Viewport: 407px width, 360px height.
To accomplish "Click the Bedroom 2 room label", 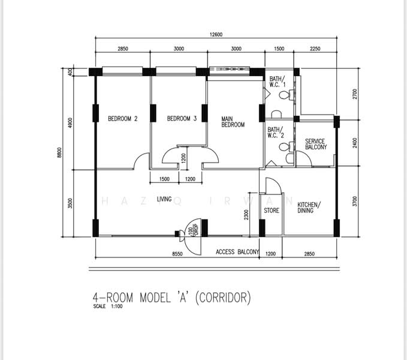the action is pos(122,119).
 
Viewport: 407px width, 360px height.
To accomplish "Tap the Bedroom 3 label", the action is pos(182,119).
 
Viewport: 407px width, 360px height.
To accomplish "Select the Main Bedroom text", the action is pos(233,122).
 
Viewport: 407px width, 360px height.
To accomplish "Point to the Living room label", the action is pos(164,199).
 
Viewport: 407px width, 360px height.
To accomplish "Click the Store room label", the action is pos(272,211).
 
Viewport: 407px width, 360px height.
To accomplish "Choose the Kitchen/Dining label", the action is pos(309,207).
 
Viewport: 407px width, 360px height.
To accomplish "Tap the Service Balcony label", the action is pos(316,144).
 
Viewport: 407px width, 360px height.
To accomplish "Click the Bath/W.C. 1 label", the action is pos(277,81).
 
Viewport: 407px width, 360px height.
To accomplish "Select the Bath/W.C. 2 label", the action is pos(276,132).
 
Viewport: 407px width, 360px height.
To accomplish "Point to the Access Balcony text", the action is pos(237,251).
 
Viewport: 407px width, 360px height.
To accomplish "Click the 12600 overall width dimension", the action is pos(216,35).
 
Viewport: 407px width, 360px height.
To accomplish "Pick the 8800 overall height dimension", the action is pos(60,152).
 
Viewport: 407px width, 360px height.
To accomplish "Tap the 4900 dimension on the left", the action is pos(70,123).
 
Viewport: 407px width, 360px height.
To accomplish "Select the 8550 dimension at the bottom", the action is pos(177,254).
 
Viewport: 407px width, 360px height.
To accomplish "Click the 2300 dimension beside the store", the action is pos(246,215).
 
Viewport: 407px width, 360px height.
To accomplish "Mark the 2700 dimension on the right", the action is pos(355,94).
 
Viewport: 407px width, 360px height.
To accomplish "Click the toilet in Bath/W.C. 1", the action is pos(287,95).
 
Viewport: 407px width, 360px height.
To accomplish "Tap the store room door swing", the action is pos(273,185).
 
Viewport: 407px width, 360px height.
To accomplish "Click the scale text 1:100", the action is pos(116,306).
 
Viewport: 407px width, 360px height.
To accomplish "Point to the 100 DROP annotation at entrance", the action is pos(193,230).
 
